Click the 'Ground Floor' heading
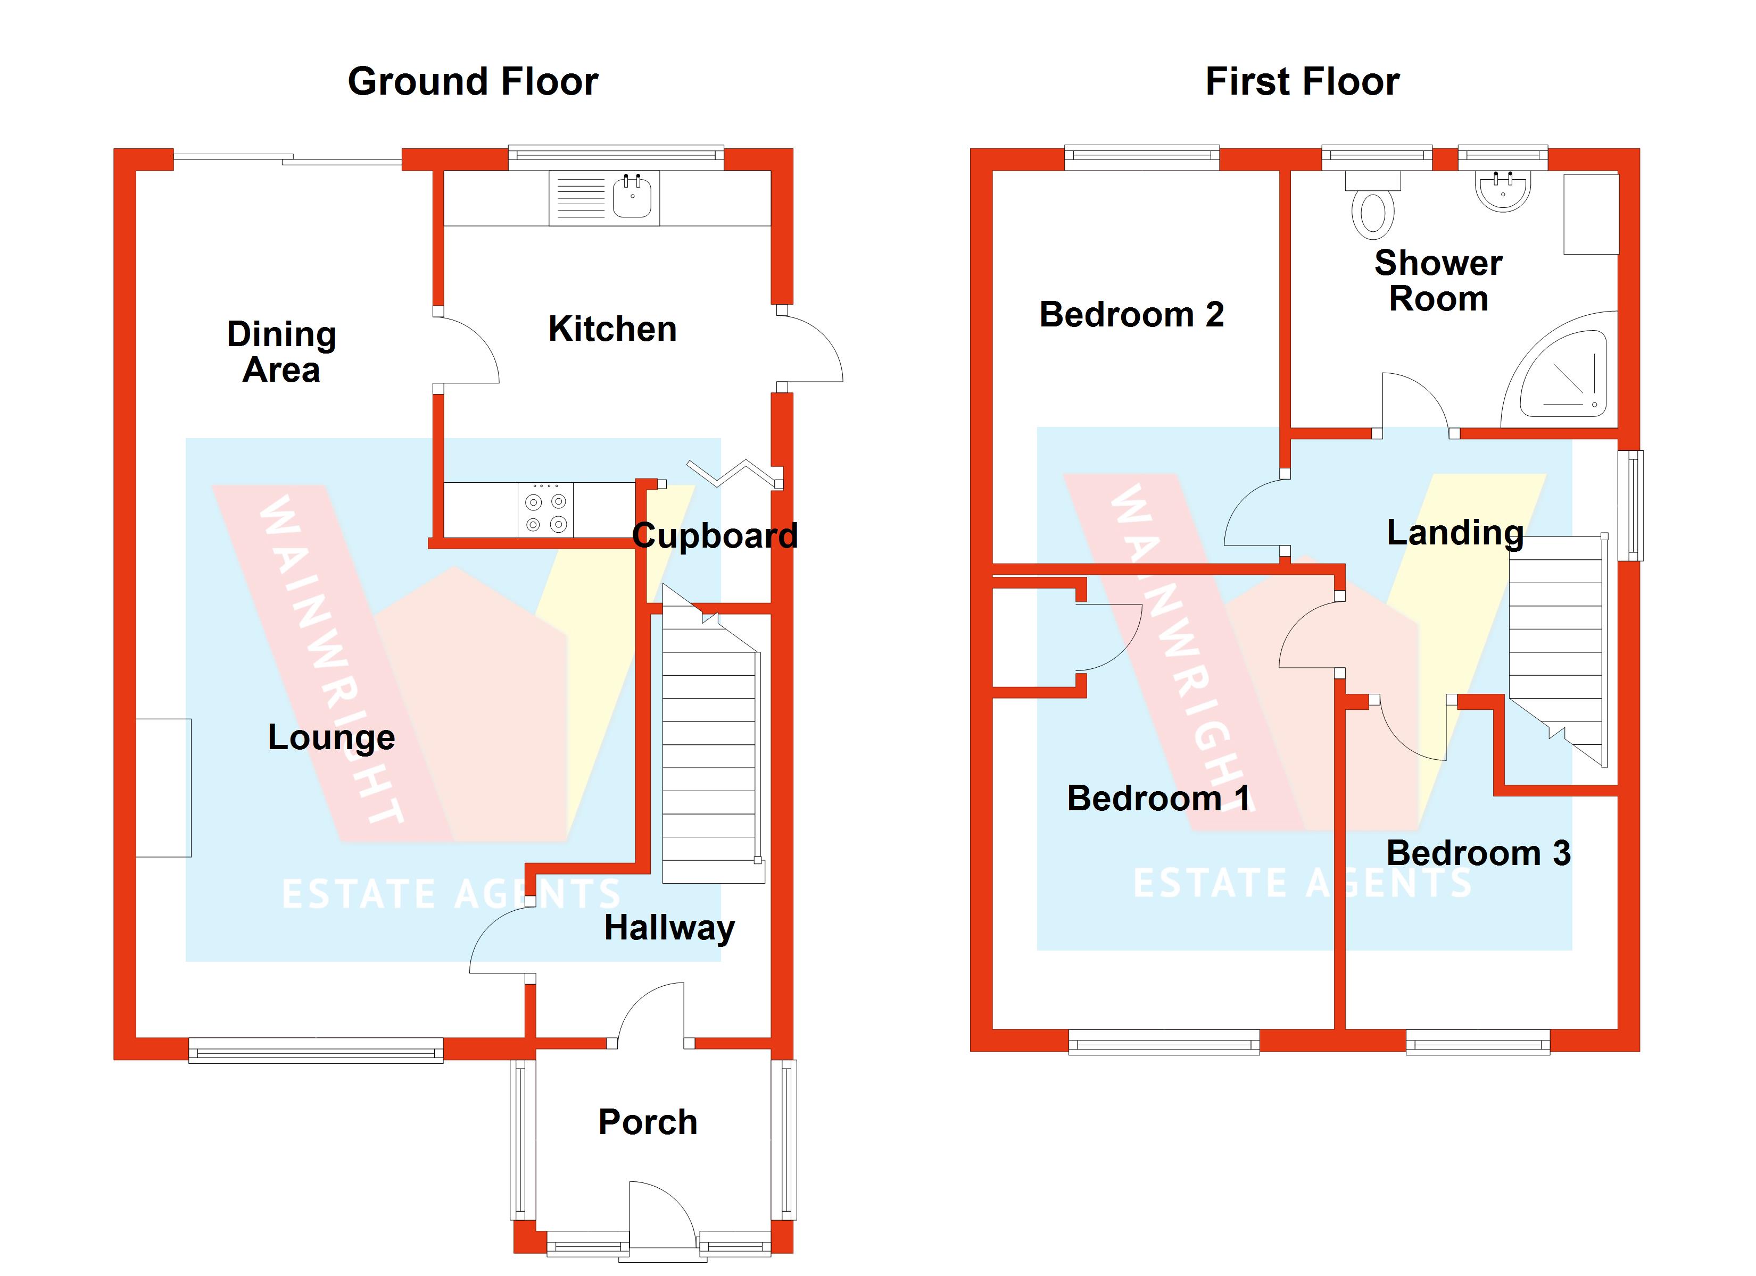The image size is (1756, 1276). pos(473,81)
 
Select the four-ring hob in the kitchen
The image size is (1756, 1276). pos(546,509)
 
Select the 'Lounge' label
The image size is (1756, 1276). pos(332,737)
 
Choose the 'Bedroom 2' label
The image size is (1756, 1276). pos(1131,314)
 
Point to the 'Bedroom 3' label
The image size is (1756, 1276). pos(1478,853)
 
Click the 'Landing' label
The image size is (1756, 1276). pos(1455,532)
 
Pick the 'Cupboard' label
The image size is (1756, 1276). pos(715,535)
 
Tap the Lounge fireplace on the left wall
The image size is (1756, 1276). pos(163,788)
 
